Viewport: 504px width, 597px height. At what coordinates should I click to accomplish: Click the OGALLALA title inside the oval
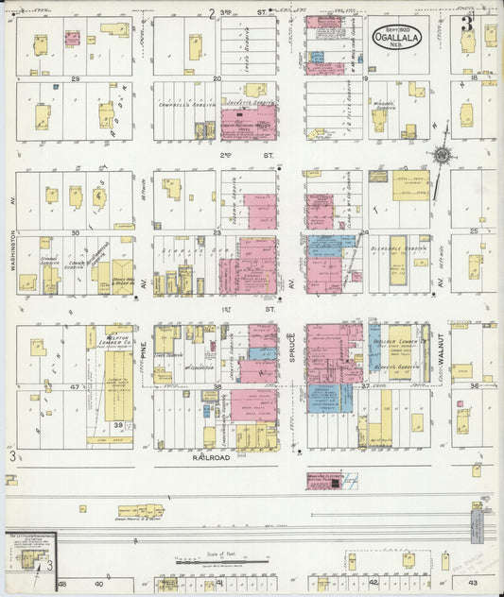coord(397,41)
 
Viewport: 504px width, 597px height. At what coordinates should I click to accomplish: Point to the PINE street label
coord(144,353)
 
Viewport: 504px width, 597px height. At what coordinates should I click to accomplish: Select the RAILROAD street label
coord(211,456)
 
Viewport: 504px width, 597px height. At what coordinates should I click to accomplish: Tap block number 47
coord(75,387)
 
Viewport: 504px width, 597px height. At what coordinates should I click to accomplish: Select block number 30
coord(75,231)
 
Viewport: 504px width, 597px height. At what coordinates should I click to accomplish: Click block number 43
coord(472,585)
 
